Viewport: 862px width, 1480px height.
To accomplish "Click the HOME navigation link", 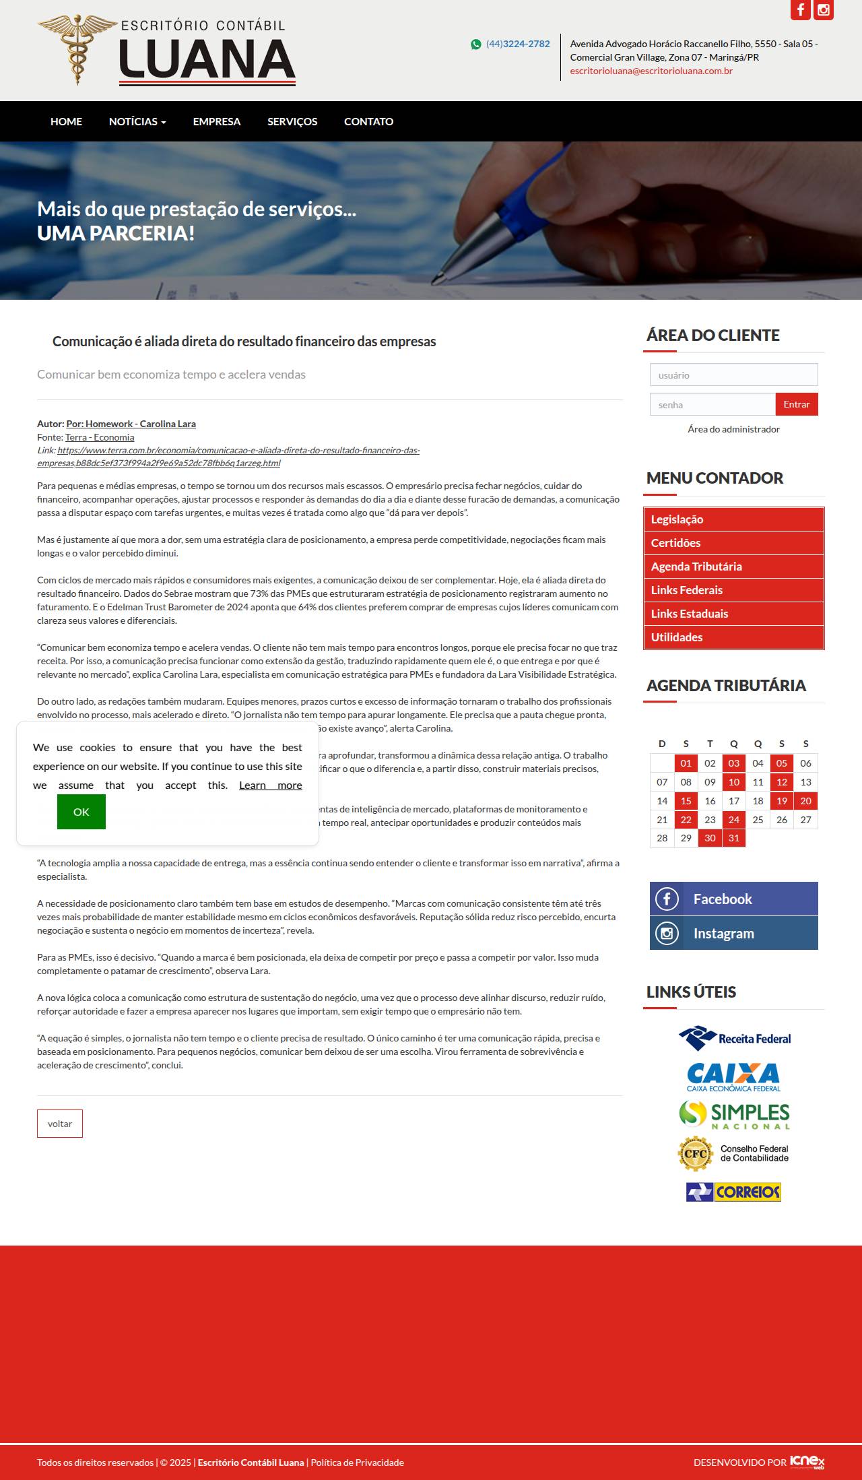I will point(66,121).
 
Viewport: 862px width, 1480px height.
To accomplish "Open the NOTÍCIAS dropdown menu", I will point(137,121).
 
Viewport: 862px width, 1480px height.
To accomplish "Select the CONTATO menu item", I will point(368,121).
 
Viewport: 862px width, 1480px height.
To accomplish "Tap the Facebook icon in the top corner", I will point(800,10).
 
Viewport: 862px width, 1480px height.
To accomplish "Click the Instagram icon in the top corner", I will point(823,10).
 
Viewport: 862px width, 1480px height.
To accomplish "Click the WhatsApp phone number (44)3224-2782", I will point(517,44).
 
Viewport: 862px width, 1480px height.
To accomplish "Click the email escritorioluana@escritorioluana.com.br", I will point(651,71).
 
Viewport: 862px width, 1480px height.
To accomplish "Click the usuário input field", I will point(733,375).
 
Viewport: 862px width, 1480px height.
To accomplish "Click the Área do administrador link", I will point(733,429).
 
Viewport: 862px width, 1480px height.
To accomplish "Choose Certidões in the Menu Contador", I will point(675,543).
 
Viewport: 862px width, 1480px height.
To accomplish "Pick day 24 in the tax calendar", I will point(733,820).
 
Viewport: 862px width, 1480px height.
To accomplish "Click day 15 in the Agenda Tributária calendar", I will point(686,801).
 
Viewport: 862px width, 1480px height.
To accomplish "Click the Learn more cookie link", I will point(270,785).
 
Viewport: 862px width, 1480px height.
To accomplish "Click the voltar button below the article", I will point(60,1124).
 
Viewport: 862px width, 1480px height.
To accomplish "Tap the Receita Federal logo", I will point(734,1038).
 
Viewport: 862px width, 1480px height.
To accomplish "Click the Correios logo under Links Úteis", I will point(733,1192).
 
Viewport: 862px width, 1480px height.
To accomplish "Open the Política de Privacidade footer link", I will point(357,1462).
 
